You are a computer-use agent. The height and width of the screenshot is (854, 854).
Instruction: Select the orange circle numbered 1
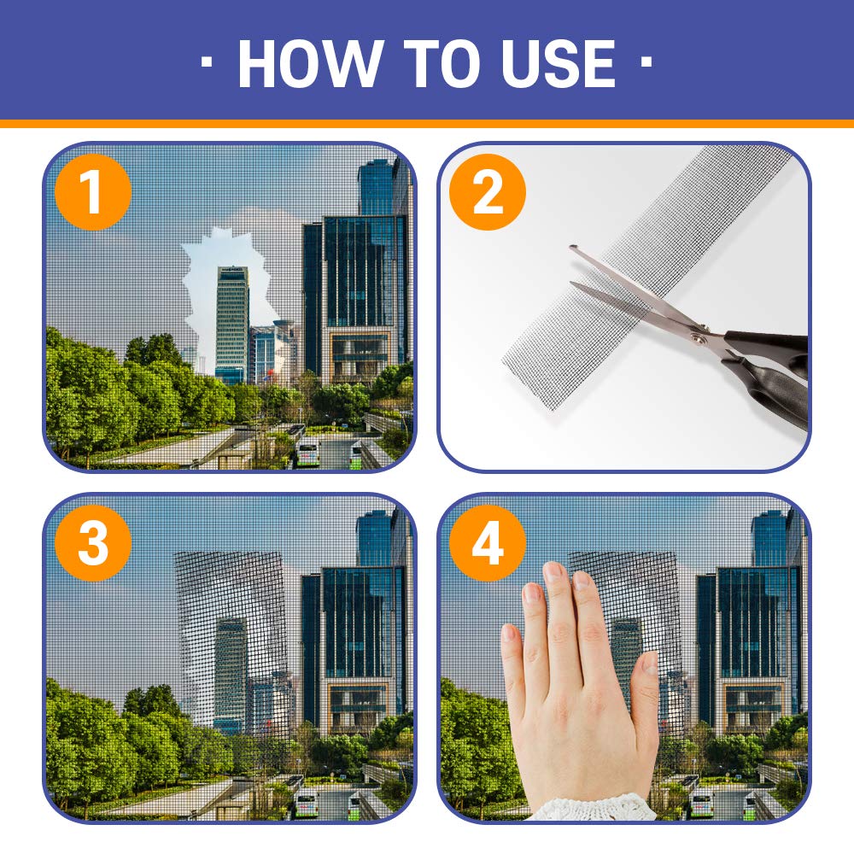tap(92, 193)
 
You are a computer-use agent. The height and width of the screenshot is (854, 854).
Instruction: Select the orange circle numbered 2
tap(487, 193)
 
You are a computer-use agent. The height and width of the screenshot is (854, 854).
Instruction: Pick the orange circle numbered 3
tap(92, 543)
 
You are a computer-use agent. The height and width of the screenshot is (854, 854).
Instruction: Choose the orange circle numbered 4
tap(487, 543)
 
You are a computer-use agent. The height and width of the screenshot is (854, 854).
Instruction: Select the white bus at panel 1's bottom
tap(307, 453)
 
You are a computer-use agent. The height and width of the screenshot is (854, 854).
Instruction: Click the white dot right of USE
tap(646, 62)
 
